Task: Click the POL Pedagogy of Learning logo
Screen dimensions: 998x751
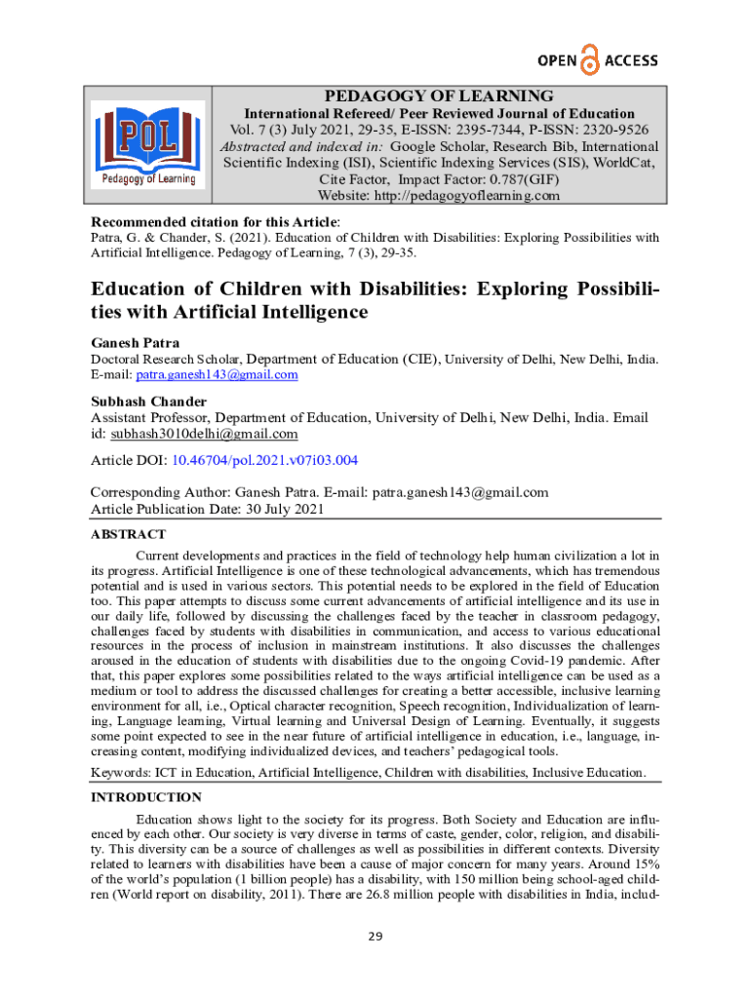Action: pyautogui.click(x=147, y=143)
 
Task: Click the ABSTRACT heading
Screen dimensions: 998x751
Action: pyautogui.click(x=128, y=534)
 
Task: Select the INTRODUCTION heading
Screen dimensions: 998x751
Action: pyautogui.click(x=146, y=797)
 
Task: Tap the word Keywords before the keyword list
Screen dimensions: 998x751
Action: pyautogui.click(x=119, y=773)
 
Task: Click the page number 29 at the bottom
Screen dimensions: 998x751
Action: pyautogui.click(x=375, y=938)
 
